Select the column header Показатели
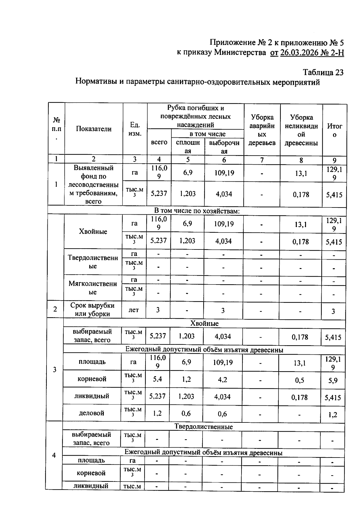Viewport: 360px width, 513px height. click(x=94, y=129)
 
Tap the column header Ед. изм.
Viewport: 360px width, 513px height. click(x=135, y=129)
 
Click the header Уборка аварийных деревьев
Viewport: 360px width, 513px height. click(x=262, y=130)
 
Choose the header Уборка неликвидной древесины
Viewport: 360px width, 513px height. click(x=301, y=130)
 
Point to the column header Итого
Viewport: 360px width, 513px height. click(x=334, y=130)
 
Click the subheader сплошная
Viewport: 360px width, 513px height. click(x=188, y=147)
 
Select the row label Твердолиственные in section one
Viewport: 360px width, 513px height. click(x=93, y=262)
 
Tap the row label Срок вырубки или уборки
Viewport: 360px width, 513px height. click(x=92, y=309)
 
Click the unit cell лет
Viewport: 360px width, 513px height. click(x=133, y=310)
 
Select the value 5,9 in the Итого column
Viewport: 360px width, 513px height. click(x=333, y=381)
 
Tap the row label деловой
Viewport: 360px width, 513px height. click(x=91, y=413)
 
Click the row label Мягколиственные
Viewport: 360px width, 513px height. click(x=93, y=288)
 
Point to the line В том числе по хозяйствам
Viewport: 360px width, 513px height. click(x=197, y=211)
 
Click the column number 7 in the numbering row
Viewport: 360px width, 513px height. click(x=262, y=160)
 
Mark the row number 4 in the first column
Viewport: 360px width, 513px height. click(x=54, y=455)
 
